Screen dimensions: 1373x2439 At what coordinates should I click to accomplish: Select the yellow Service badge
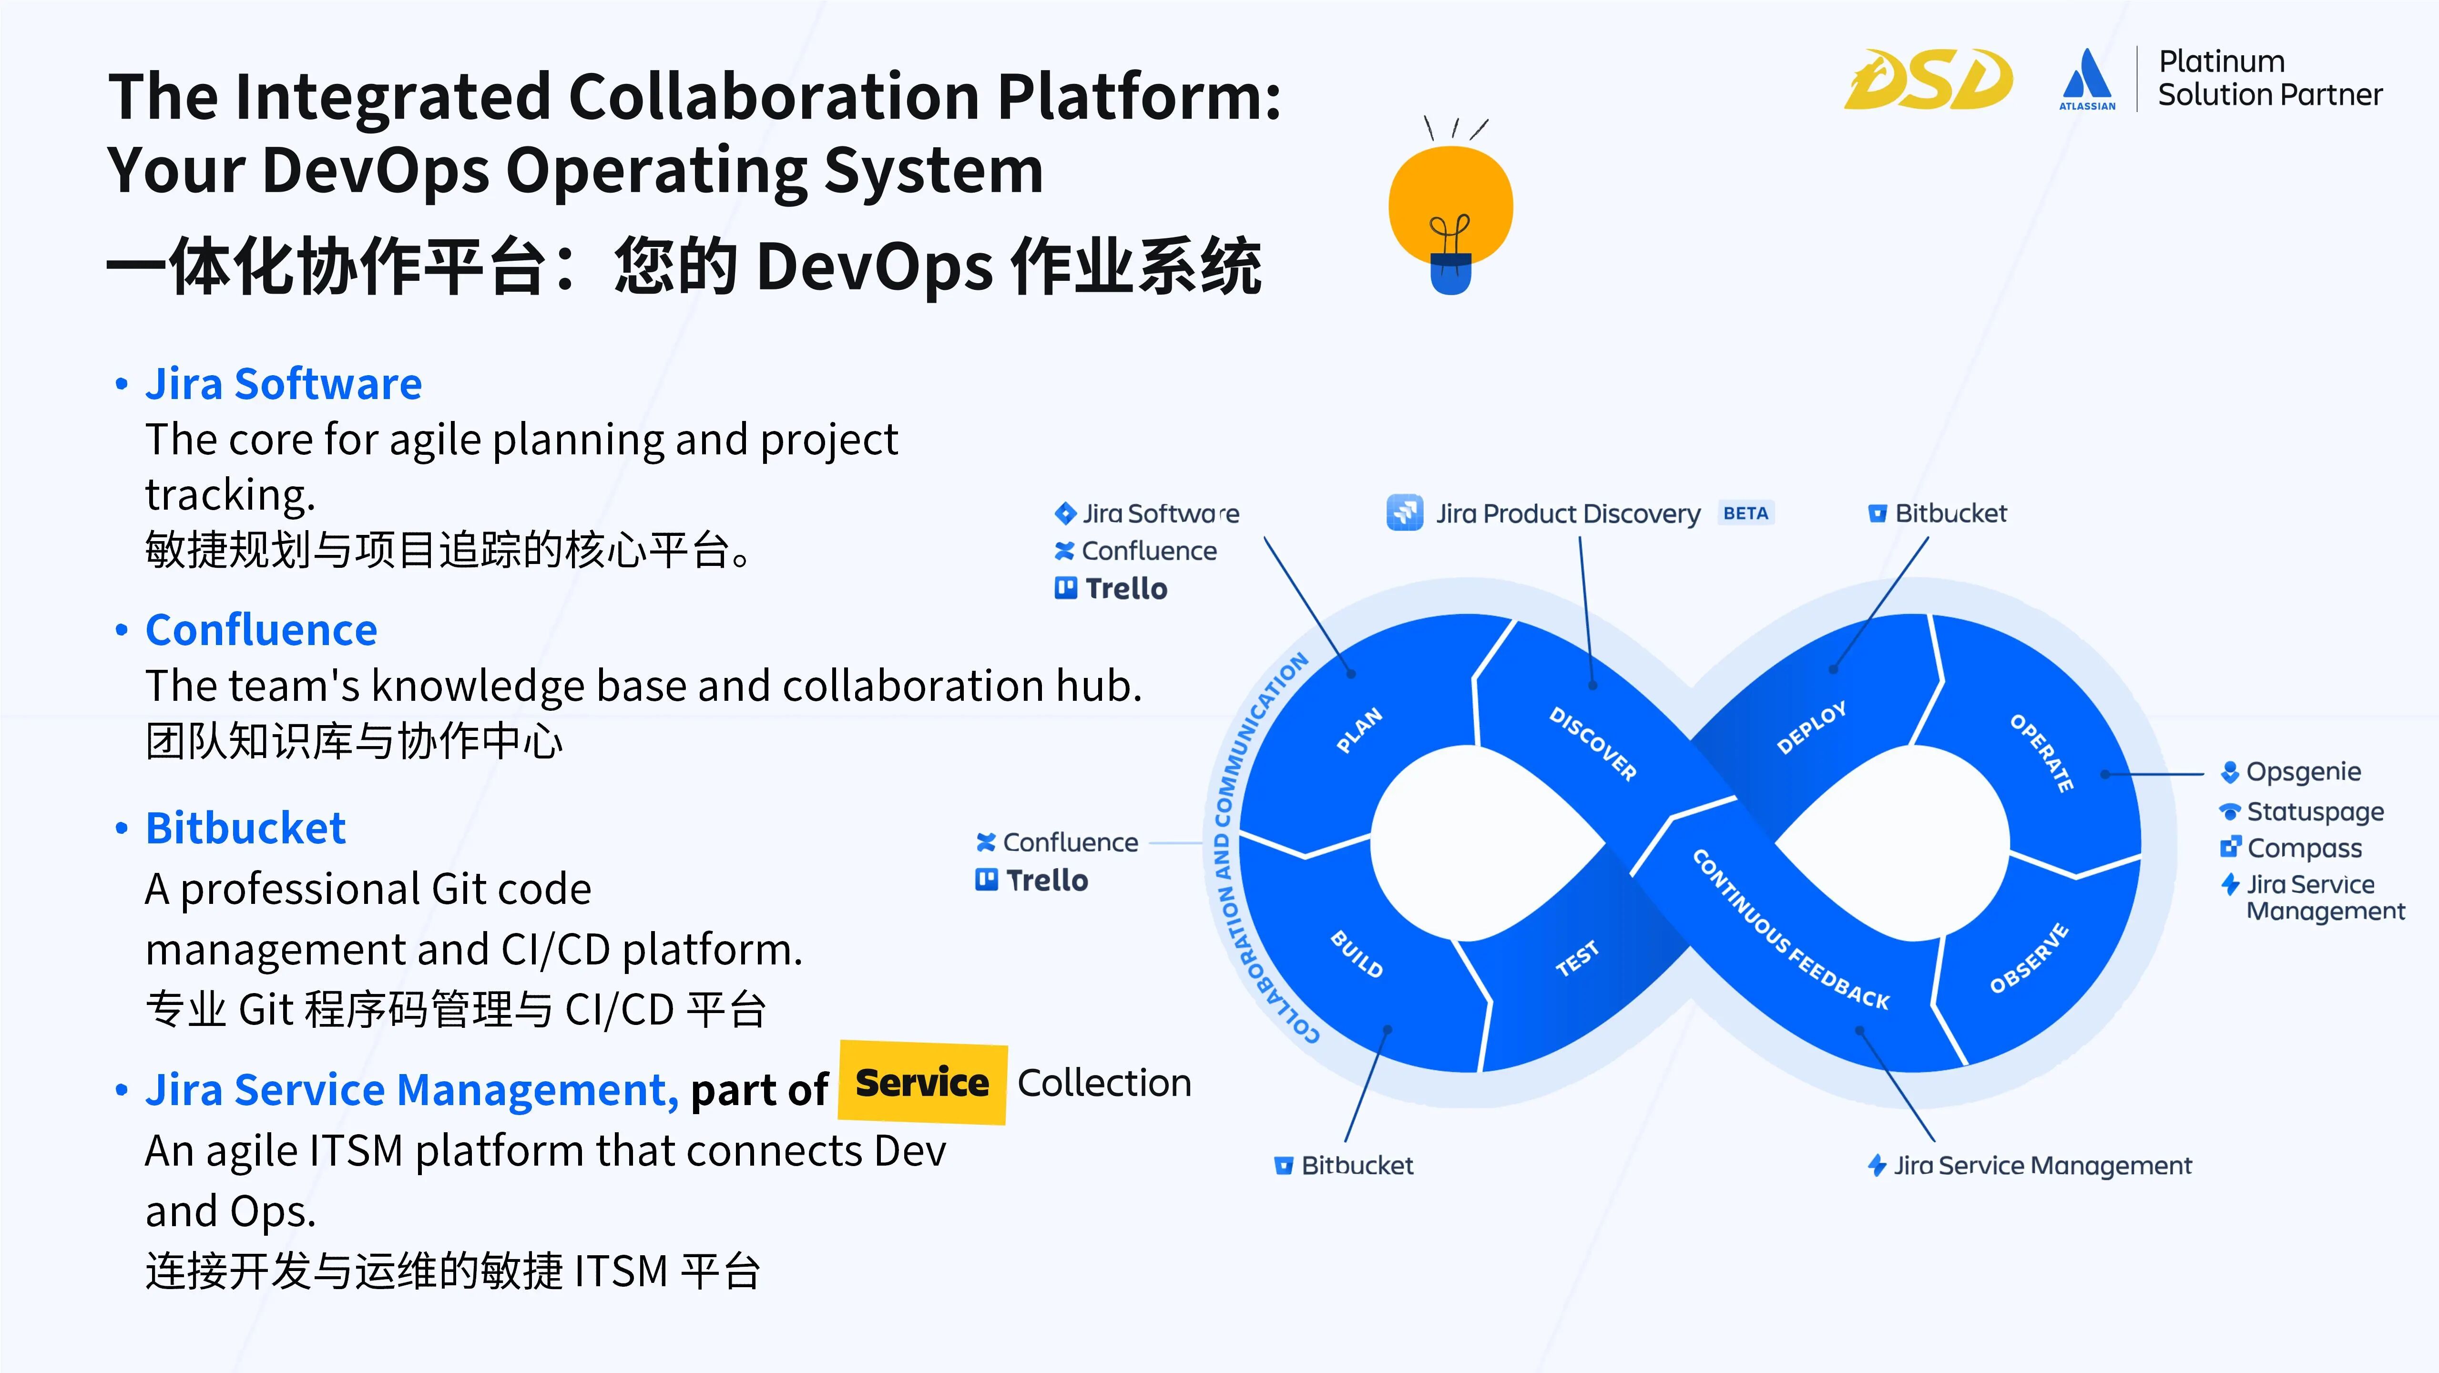(922, 1082)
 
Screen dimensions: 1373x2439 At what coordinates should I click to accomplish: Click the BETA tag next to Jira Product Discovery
(1745, 513)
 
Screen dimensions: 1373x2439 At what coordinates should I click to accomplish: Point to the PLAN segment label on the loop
(1359, 731)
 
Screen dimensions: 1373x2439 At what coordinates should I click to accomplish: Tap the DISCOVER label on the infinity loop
(1592, 743)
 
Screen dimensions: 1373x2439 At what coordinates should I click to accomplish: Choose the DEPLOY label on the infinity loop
(1810, 727)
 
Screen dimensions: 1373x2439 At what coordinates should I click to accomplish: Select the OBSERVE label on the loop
(2028, 958)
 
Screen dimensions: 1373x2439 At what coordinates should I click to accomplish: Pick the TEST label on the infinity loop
(1576, 958)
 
